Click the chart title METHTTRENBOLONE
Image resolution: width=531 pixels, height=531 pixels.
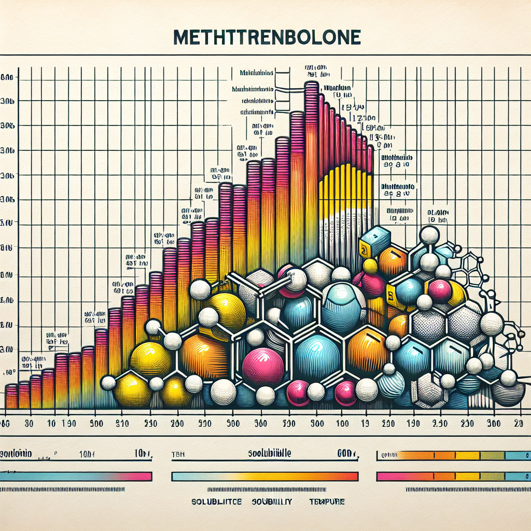[x=265, y=38]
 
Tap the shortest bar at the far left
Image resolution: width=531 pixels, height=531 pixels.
[x=10, y=397]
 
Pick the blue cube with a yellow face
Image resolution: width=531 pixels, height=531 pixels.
[x=374, y=241]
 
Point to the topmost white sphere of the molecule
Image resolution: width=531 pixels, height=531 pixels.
[x=429, y=235]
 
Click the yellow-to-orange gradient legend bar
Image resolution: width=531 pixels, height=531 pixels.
[x=264, y=476]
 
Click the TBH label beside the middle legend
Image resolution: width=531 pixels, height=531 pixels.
[x=178, y=453]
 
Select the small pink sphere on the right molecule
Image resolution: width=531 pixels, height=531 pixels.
[x=440, y=291]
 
